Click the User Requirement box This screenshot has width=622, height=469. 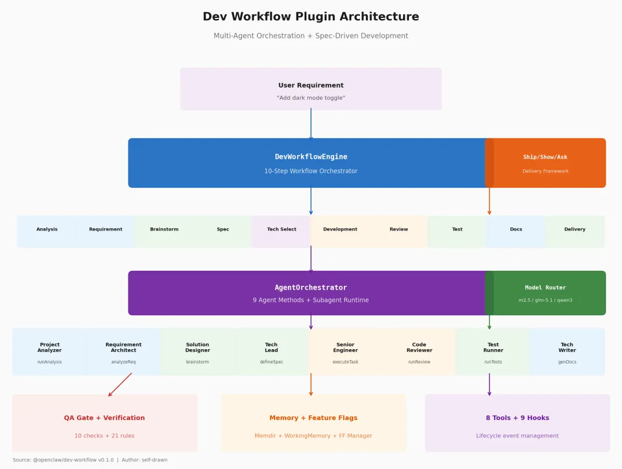[311, 89]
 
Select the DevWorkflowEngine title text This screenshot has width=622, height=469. [311, 157]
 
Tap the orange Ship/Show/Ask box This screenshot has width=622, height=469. [545, 163]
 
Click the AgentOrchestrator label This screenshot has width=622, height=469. [311, 288]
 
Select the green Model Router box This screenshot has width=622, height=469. [545, 293]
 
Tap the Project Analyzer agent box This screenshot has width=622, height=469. [50, 351]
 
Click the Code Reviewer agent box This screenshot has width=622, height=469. [419, 351]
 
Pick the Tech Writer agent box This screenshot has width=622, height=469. [567, 351]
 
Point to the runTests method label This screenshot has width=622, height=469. [493, 362]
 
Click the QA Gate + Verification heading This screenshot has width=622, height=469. [104, 418]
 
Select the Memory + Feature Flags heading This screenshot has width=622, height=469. [313, 418]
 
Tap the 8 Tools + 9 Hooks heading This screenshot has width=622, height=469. [517, 418]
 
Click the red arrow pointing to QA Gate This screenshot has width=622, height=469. [120, 384]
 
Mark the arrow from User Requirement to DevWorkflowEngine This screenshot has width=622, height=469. [311, 124]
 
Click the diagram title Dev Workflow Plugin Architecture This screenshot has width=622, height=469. [311, 17]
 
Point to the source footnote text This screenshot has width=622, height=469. [90, 460]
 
